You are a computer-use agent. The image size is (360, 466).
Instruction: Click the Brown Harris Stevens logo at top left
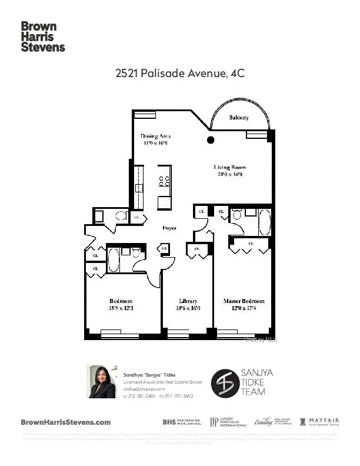click(43, 37)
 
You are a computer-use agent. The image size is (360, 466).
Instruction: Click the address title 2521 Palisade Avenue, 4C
click(179, 74)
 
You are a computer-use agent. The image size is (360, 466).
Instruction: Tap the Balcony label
click(238, 118)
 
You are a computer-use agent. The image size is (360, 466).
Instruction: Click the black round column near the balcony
click(211, 140)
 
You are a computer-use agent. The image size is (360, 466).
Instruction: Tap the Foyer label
click(170, 228)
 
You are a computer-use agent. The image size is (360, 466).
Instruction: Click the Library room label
click(188, 304)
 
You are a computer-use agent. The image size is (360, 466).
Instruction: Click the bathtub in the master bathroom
click(265, 222)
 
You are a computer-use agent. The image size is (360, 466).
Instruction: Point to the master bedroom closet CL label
click(251, 243)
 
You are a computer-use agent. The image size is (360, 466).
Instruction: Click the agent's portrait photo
click(102, 382)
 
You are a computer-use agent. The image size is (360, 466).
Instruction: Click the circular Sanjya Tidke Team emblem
click(225, 382)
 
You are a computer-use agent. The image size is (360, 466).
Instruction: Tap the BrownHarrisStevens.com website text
click(66, 422)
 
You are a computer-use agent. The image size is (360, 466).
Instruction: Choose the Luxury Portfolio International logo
click(226, 422)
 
